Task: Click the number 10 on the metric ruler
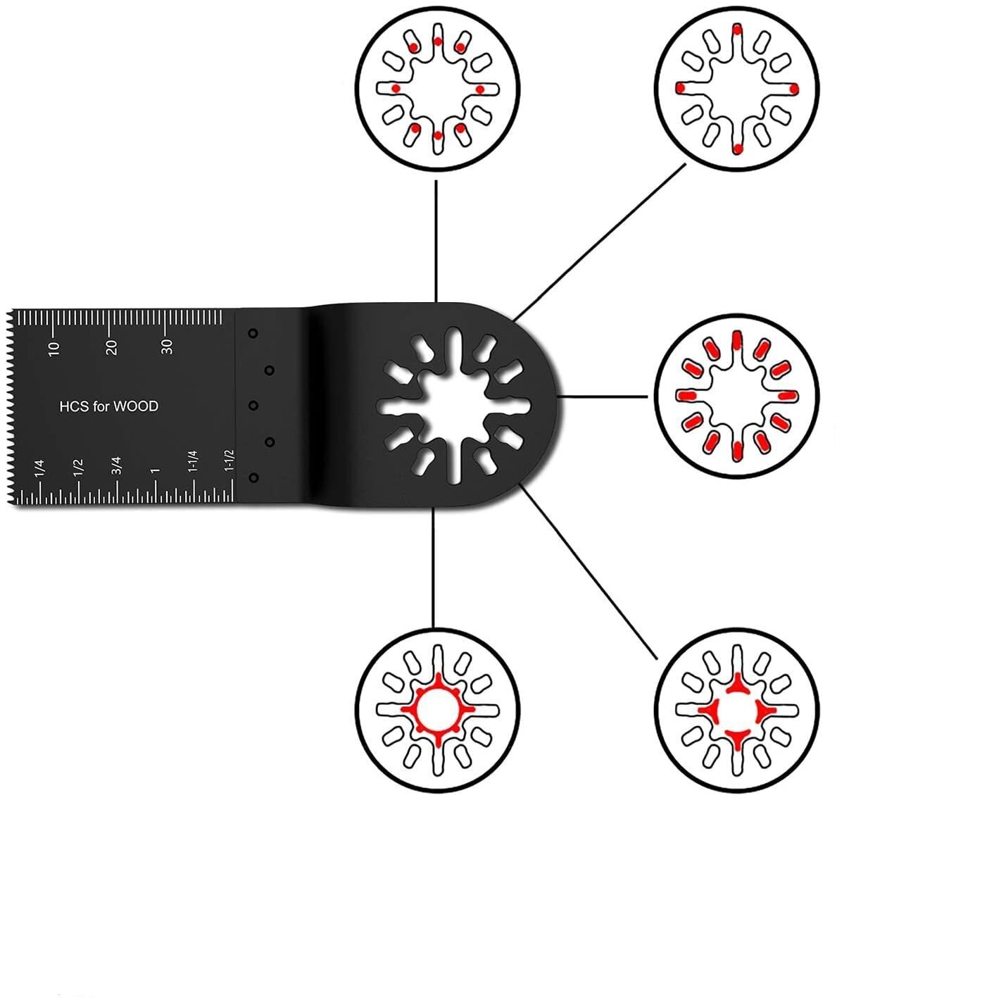pos(55,348)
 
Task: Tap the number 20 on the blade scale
pos(111,347)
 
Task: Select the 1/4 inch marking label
pos(39,468)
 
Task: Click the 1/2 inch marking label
pos(78,468)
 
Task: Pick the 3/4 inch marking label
pos(117,466)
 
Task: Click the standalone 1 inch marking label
pos(156,470)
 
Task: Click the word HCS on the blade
pos(73,406)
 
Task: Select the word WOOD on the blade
pos(136,406)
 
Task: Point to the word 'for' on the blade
pos(102,406)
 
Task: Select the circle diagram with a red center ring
pos(437,708)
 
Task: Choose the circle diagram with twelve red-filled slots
pos(737,396)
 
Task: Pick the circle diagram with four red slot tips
pos(737,88)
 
